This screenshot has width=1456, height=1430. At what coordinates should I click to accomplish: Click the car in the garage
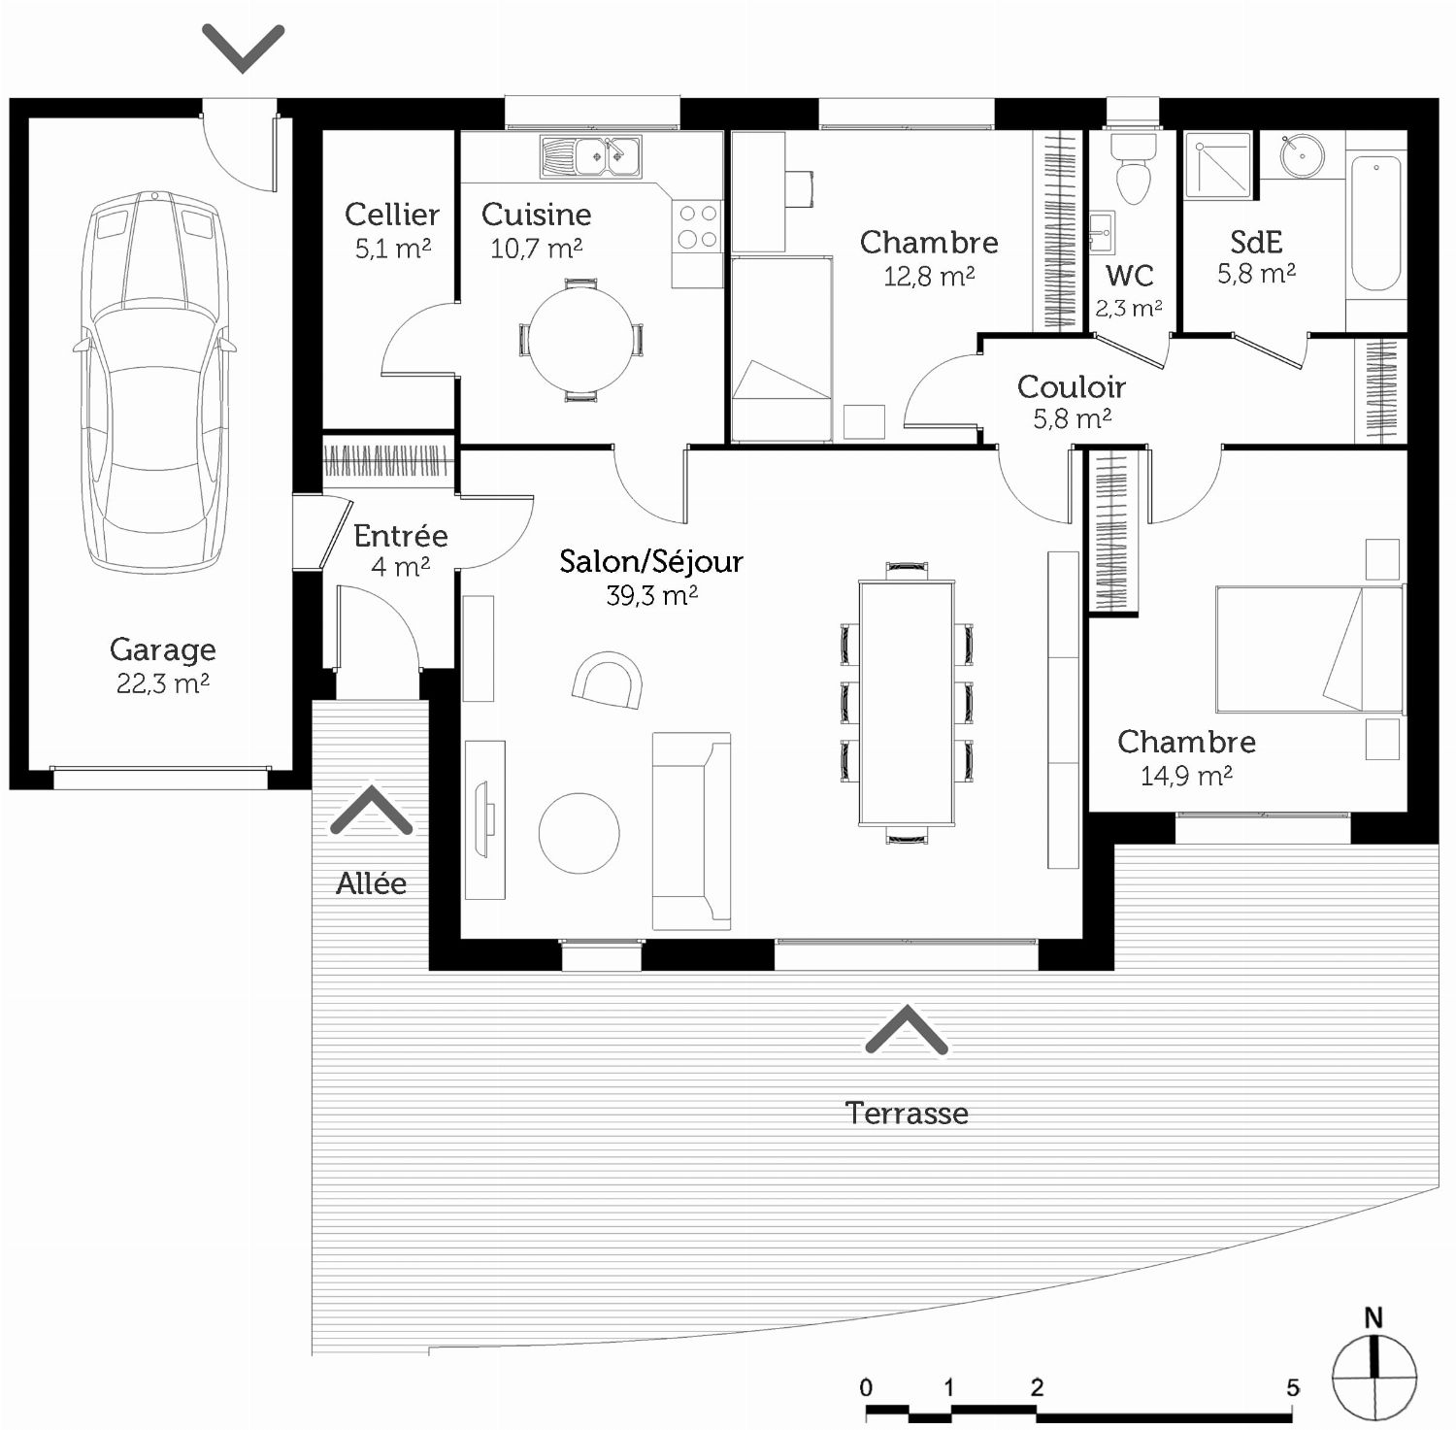[x=155, y=381]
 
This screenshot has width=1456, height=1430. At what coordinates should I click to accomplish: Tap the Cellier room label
[x=392, y=214]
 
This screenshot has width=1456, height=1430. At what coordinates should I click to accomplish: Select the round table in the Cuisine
[x=580, y=340]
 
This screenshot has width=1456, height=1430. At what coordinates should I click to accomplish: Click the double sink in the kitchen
[x=591, y=156]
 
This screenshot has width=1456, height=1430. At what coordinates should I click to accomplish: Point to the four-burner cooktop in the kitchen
[x=698, y=226]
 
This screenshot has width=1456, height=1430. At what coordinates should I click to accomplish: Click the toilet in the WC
[x=1133, y=169]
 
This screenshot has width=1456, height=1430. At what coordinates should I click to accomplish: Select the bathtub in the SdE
[x=1375, y=223]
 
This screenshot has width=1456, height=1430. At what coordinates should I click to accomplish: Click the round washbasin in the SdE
[x=1302, y=154]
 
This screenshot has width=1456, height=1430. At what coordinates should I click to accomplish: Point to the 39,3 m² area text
[x=652, y=595]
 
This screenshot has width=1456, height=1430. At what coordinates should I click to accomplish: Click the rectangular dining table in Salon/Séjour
[x=907, y=703]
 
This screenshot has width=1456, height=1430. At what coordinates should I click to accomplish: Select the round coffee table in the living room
[x=579, y=833]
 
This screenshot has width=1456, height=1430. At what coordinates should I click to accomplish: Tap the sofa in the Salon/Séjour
[x=691, y=831]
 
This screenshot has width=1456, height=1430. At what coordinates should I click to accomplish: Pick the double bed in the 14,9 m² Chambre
[x=1309, y=648]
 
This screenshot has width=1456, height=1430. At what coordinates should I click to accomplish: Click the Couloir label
[x=1072, y=386]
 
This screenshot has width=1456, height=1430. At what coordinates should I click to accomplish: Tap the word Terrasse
[x=907, y=1113]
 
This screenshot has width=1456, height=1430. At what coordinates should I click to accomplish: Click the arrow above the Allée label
[x=372, y=812]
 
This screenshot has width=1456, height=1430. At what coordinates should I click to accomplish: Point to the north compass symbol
[x=1374, y=1367]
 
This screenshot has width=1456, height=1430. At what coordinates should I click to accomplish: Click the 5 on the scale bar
[x=1293, y=1388]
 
